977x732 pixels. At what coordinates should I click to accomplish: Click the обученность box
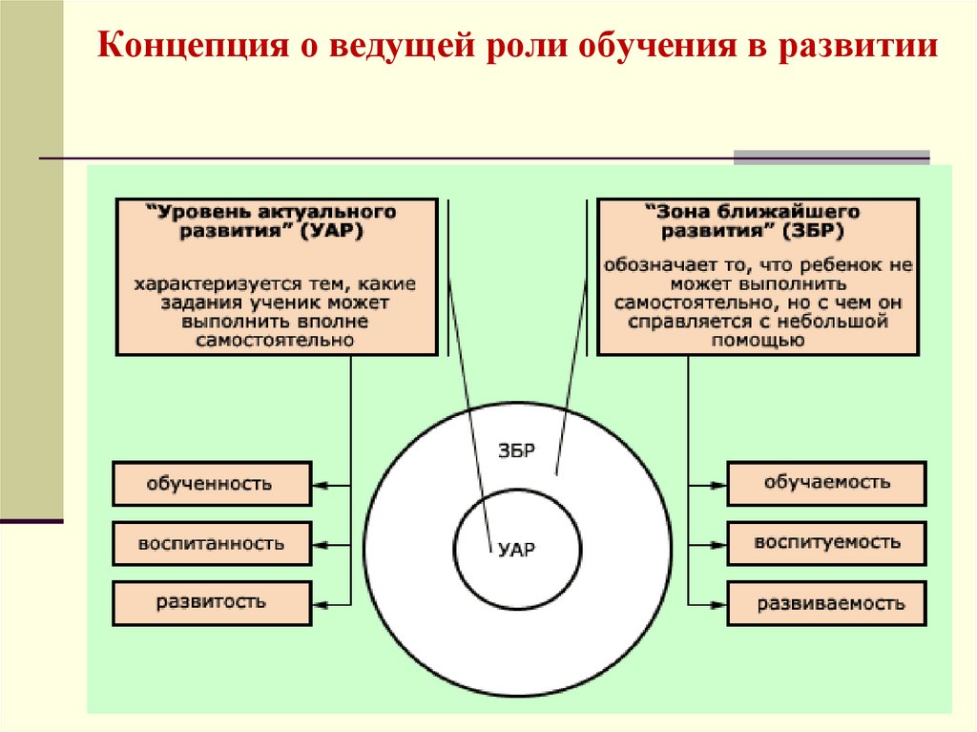211,484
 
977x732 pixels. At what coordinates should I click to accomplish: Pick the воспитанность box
211,544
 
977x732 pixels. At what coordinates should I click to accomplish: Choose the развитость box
211,603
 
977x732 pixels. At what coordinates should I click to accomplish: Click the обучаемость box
826,483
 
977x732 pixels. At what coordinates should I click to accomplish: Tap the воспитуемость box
826,543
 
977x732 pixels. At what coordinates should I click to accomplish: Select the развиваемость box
826,604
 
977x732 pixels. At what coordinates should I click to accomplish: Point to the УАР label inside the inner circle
517,550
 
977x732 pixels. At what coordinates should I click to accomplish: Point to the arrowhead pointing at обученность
320,485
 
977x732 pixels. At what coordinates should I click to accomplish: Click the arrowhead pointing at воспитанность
320,544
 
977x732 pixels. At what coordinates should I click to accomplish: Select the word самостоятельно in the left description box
275,340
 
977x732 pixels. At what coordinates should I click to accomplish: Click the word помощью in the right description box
759,340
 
